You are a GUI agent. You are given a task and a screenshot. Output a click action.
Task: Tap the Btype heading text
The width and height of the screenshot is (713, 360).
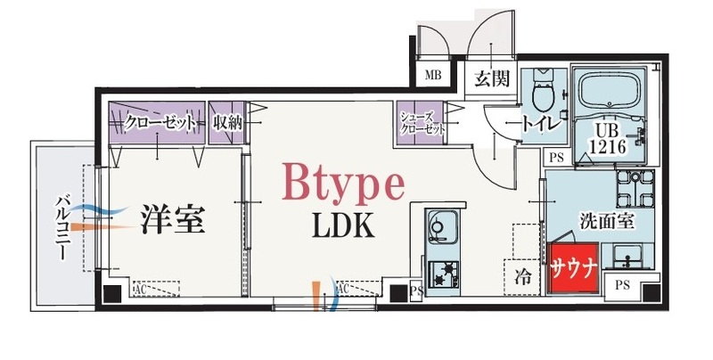(x=344, y=184)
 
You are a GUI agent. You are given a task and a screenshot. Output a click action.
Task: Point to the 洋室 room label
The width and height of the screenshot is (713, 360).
(x=173, y=217)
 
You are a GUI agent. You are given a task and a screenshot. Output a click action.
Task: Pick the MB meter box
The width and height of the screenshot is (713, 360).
(x=434, y=74)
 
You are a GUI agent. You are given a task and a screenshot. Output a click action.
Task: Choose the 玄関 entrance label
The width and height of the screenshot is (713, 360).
(x=491, y=78)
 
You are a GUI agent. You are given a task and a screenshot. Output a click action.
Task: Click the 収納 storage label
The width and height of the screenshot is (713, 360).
(x=227, y=123)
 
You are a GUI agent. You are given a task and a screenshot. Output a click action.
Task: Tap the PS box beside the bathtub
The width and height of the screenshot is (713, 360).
(x=557, y=158)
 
